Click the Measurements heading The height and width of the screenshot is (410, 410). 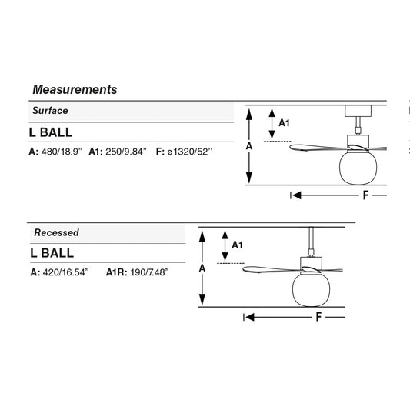[75, 90]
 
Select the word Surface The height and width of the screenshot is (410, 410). [50, 110]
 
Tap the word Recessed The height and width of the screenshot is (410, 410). [56, 232]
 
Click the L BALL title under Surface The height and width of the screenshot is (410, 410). [51, 132]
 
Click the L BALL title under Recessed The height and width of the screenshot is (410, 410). [52, 253]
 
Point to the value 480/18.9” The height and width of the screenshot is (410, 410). [62, 152]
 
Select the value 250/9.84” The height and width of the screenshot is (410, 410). [126, 152]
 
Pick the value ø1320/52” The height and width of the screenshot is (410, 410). [190, 152]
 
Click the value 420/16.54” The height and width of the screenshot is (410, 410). [66, 272]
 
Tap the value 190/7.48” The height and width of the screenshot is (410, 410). [149, 272]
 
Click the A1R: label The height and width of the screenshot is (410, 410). [117, 272]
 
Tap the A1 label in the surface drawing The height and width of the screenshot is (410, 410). [284, 123]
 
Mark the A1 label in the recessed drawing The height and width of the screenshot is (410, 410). [238, 245]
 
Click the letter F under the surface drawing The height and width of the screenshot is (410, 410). [365, 195]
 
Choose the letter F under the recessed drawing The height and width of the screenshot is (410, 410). [318, 317]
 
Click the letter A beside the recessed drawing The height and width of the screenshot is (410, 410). [202, 268]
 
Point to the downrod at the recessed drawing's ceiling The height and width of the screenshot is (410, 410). [311, 242]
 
